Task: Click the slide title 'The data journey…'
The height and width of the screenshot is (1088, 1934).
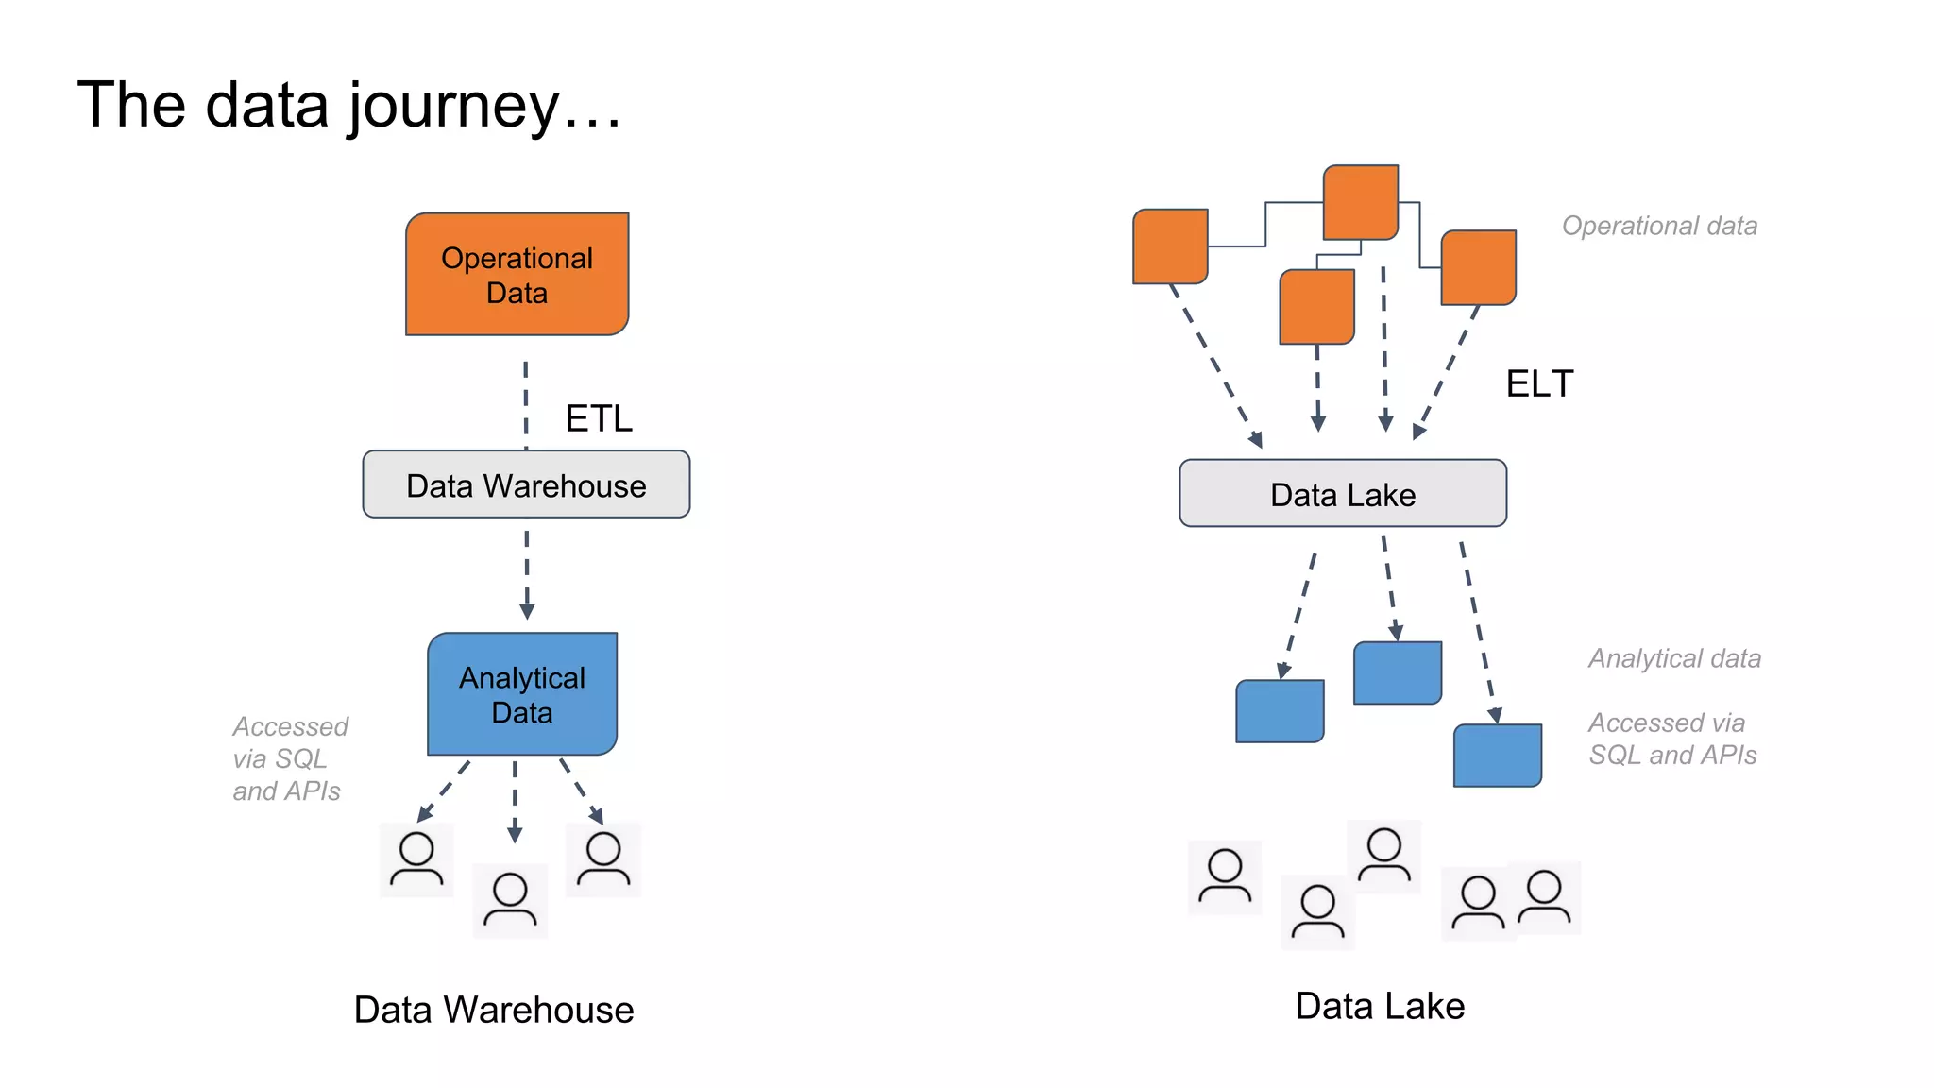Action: click(x=349, y=105)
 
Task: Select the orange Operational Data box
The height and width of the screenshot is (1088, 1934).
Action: click(x=517, y=275)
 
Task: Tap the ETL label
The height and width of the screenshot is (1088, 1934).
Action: click(x=599, y=418)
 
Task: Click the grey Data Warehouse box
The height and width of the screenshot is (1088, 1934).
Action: click(x=526, y=485)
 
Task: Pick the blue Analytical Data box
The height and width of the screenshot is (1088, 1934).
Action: click(x=522, y=695)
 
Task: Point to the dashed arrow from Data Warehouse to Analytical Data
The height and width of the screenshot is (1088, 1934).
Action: click(x=527, y=572)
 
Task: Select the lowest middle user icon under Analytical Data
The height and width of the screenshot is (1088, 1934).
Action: click(x=510, y=900)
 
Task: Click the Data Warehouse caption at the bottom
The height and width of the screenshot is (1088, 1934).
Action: click(x=493, y=1010)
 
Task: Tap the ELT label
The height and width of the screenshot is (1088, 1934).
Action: click(x=1539, y=384)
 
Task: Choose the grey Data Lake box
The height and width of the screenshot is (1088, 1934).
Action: click(x=1342, y=494)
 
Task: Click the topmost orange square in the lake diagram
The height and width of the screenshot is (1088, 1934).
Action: click(x=1360, y=202)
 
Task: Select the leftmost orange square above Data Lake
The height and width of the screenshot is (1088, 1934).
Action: click(x=1170, y=246)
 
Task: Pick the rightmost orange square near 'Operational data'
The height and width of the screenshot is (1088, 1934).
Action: click(x=1478, y=267)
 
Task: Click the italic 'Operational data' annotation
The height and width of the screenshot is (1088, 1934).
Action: click(x=1659, y=226)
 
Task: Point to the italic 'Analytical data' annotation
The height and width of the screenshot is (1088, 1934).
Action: click(x=1674, y=658)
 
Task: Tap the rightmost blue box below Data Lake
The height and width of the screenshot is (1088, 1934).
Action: click(x=1497, y=756)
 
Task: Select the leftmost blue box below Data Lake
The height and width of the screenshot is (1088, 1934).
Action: click(x=1280, y=711)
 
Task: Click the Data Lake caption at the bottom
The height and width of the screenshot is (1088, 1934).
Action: click(x=1379, y=1006)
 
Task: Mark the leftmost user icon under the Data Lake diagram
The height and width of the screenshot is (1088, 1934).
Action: click(x=1225, y=877)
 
